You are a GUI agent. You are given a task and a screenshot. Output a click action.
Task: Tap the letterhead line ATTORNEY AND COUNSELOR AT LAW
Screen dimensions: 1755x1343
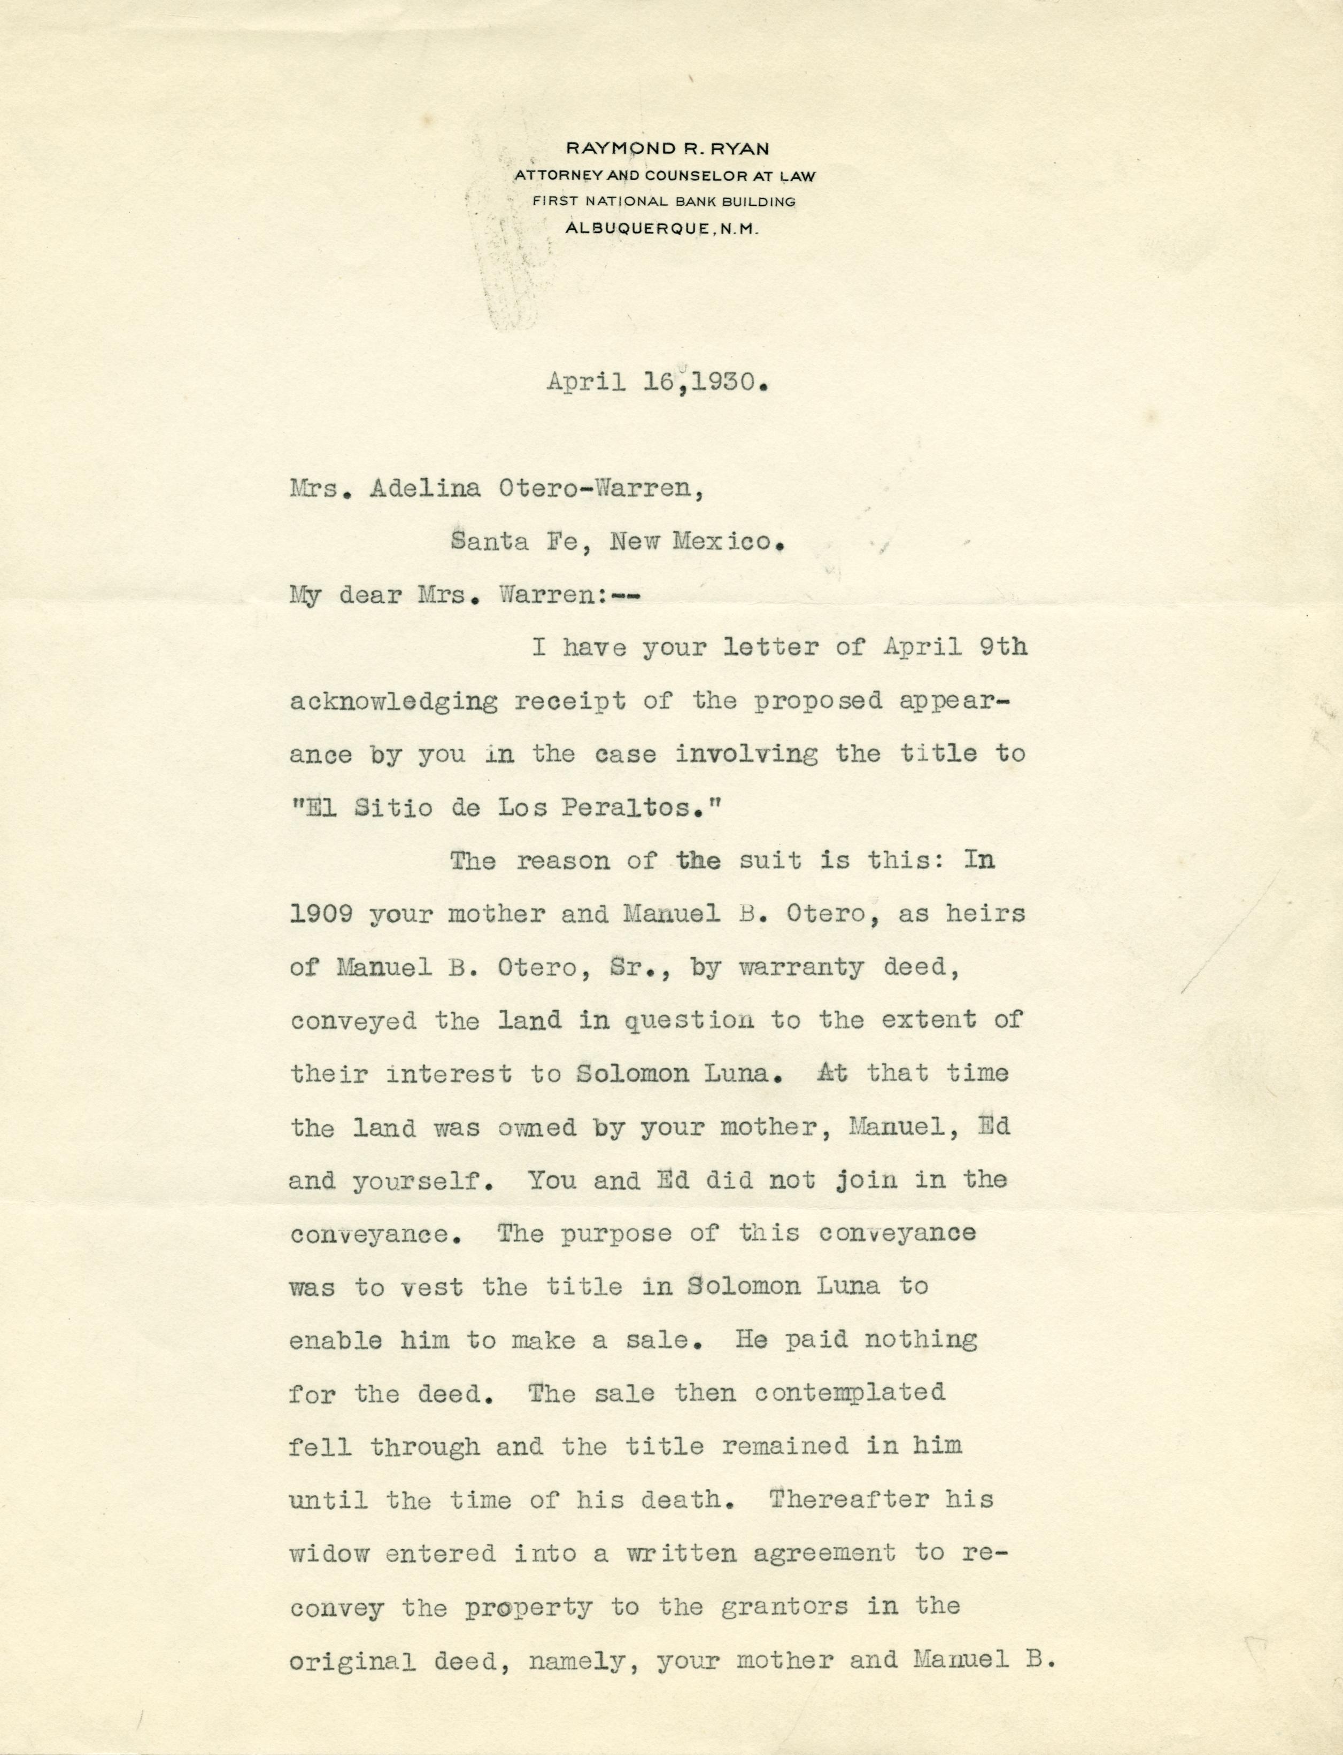point(665,176)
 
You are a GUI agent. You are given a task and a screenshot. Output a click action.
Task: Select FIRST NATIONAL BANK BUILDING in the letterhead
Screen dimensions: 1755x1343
point(665,201)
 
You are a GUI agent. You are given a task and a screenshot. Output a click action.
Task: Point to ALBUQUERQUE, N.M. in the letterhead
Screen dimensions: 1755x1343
point(662,229)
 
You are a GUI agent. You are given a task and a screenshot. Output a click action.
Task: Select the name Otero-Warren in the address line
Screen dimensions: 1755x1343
point(601,488)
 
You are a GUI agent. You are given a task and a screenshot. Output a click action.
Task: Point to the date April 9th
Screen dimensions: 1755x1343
point(955,647)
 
